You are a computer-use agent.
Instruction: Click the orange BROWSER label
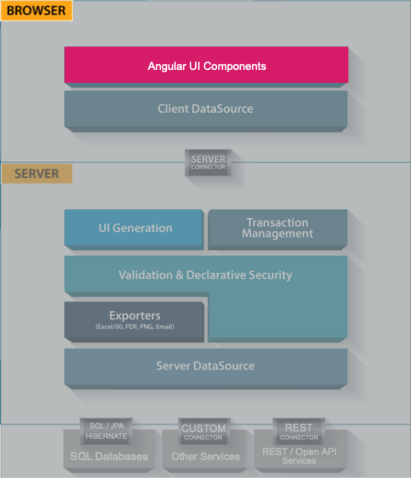tap(36, 11)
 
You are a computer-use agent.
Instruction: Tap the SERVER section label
tap(36, 173)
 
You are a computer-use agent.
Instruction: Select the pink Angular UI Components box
tap(206, 65)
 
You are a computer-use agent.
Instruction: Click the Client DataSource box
tap(206, 109)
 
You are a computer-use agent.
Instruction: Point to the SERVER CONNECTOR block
tap(208, 162)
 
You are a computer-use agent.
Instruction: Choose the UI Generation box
tap(135, 228)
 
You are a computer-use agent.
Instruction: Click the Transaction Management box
tap(278, 228)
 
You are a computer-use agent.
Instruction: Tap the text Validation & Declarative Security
tap(205, 275)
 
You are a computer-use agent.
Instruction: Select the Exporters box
tap(134, 320)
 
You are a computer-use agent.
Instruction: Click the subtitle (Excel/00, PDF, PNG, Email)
tap(134, 327)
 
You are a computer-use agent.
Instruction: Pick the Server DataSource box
tap(206, 366)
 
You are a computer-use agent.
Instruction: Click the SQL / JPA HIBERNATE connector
tap(106, 431)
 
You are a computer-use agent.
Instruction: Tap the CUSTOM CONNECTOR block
tap(203, 431)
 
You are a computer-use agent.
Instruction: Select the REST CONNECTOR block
tap(299, 431)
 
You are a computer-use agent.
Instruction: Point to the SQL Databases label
tap(109, 457)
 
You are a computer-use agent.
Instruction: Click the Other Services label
tap(205, 457)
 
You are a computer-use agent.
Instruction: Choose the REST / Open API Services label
tap(299, 456)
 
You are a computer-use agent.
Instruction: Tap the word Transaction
tap(278, 223)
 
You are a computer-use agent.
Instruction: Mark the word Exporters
tap(134, 316)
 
